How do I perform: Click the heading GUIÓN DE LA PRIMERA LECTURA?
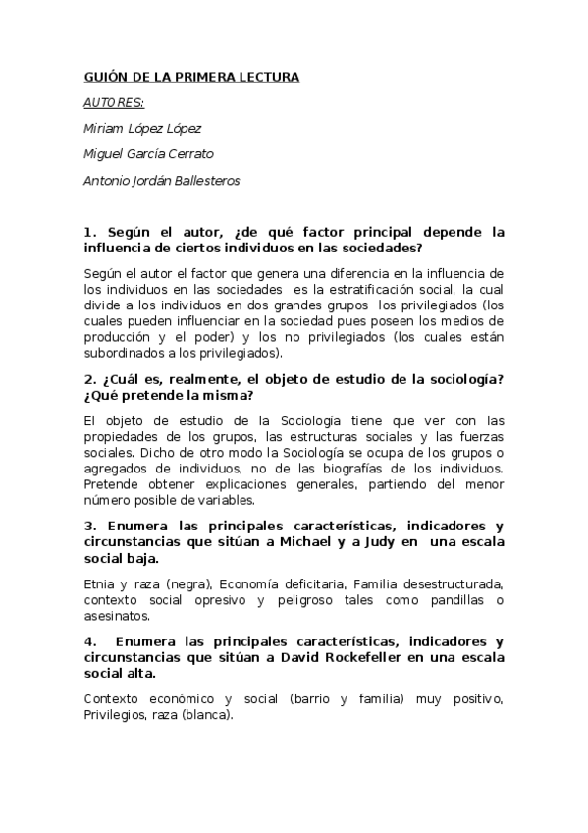pos(191,77)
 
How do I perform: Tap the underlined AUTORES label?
pos(114,102)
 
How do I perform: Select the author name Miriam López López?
pos(143,128)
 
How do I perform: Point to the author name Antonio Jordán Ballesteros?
pos(162,180)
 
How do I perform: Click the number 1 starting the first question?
pos(89,233)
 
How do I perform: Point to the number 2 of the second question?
pos(89,380)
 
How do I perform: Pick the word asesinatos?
pos(118,616)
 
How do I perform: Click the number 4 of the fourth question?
pos(89,643)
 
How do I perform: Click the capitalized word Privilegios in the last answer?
pos(120,715)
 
